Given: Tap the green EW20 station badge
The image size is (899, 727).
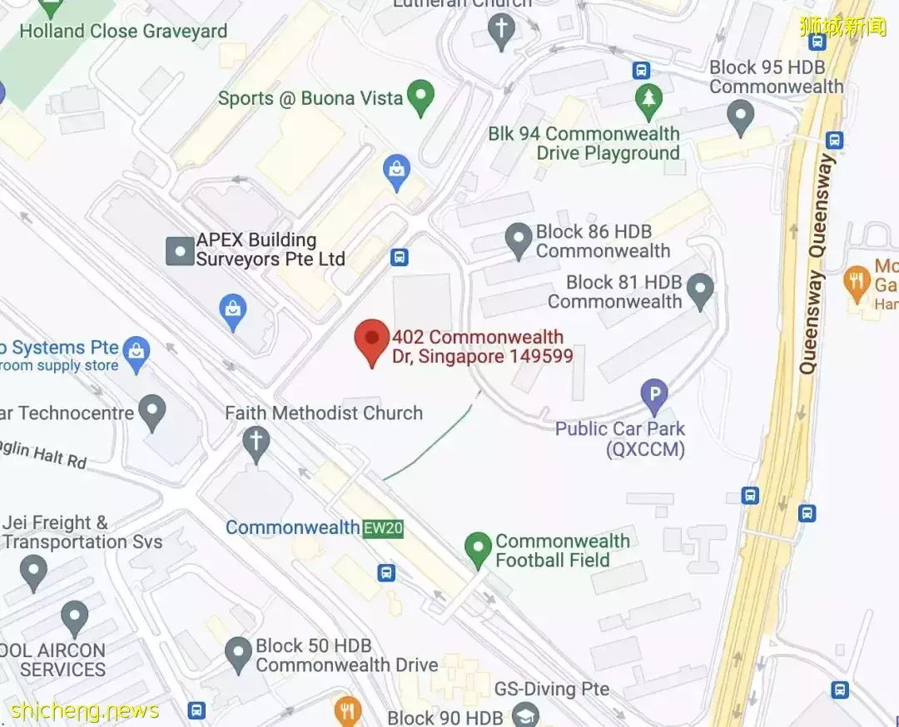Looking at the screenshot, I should (x=383, y=528).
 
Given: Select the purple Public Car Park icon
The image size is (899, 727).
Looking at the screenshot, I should (x=654, y=396).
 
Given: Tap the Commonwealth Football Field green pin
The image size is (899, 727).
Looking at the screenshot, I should (x=478, y=549).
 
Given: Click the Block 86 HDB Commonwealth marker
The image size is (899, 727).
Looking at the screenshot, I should (x=519, y=240).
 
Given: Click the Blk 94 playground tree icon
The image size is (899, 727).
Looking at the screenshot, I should (x=647, y=100).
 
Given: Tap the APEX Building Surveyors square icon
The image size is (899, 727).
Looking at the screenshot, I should (x=180, y=250).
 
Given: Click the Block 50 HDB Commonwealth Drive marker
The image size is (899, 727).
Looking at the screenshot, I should (x=238, y=654).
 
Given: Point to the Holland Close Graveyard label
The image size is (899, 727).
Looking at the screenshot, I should (x=123, y=32).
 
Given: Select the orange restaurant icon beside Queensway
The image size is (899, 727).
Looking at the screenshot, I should (x=857, y=280).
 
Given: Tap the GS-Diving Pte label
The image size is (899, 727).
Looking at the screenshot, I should (x=552, y=690).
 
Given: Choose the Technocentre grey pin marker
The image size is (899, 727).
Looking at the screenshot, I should (x=152, y=412).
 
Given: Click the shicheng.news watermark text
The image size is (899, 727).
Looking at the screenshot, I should (x=84, y=711).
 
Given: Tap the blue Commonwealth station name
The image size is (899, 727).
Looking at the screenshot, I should (x=292, y=527).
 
